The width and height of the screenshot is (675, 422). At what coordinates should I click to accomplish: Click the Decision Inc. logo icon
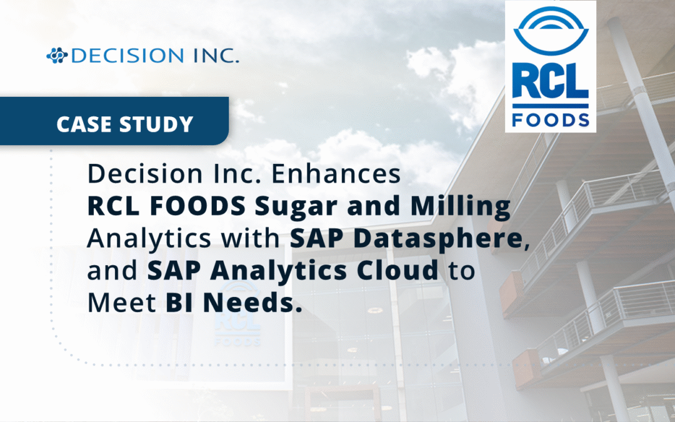click(x=57, y=56)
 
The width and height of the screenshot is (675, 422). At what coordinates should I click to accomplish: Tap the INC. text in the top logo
click(x=213, y=56)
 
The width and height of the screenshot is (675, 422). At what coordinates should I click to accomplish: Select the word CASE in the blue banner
click(x=82, y=124)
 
